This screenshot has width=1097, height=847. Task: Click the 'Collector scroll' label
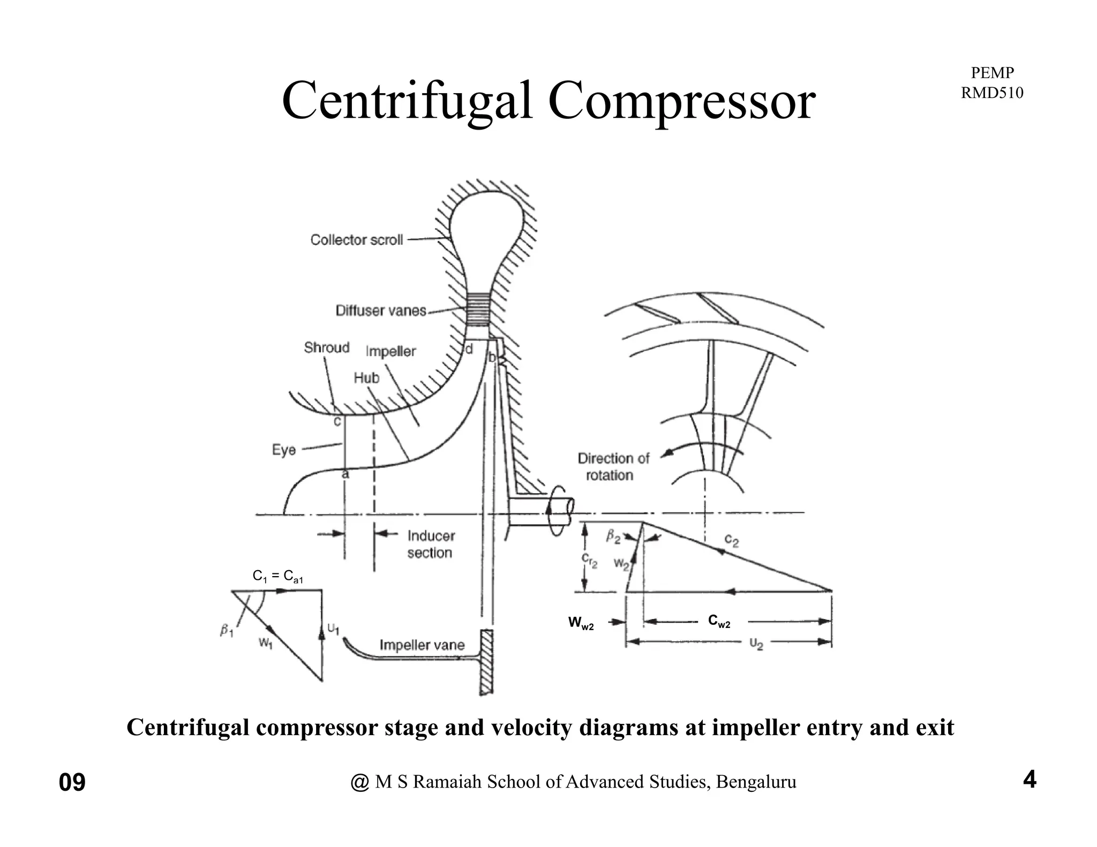356,240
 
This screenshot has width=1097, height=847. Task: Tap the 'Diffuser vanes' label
381,311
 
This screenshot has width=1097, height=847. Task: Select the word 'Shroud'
326,347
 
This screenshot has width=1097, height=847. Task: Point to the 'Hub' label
366,378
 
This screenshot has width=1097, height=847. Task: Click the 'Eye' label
284,449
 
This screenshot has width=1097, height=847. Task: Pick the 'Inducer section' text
431,544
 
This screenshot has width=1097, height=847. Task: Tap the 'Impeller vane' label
422,645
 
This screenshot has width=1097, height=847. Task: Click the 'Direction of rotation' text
613,466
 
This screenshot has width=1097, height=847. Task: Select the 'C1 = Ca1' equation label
278,577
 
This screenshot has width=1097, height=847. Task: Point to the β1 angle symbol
227,631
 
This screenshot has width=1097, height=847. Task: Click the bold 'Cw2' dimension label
719,621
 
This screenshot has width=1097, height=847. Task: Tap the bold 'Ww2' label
581,623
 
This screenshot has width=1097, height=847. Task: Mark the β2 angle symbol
613,536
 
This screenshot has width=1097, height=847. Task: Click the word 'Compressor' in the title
681,101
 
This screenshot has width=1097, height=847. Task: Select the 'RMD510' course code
991,93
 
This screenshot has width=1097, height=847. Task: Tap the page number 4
1030,780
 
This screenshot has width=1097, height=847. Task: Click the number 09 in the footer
72,783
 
